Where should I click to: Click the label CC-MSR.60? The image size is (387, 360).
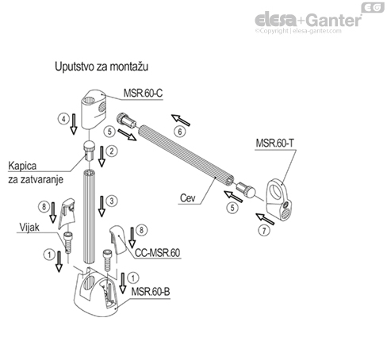159,253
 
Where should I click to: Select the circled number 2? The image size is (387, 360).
113,151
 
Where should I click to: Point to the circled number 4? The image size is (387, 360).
63,120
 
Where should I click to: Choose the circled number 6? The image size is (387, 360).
179,131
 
